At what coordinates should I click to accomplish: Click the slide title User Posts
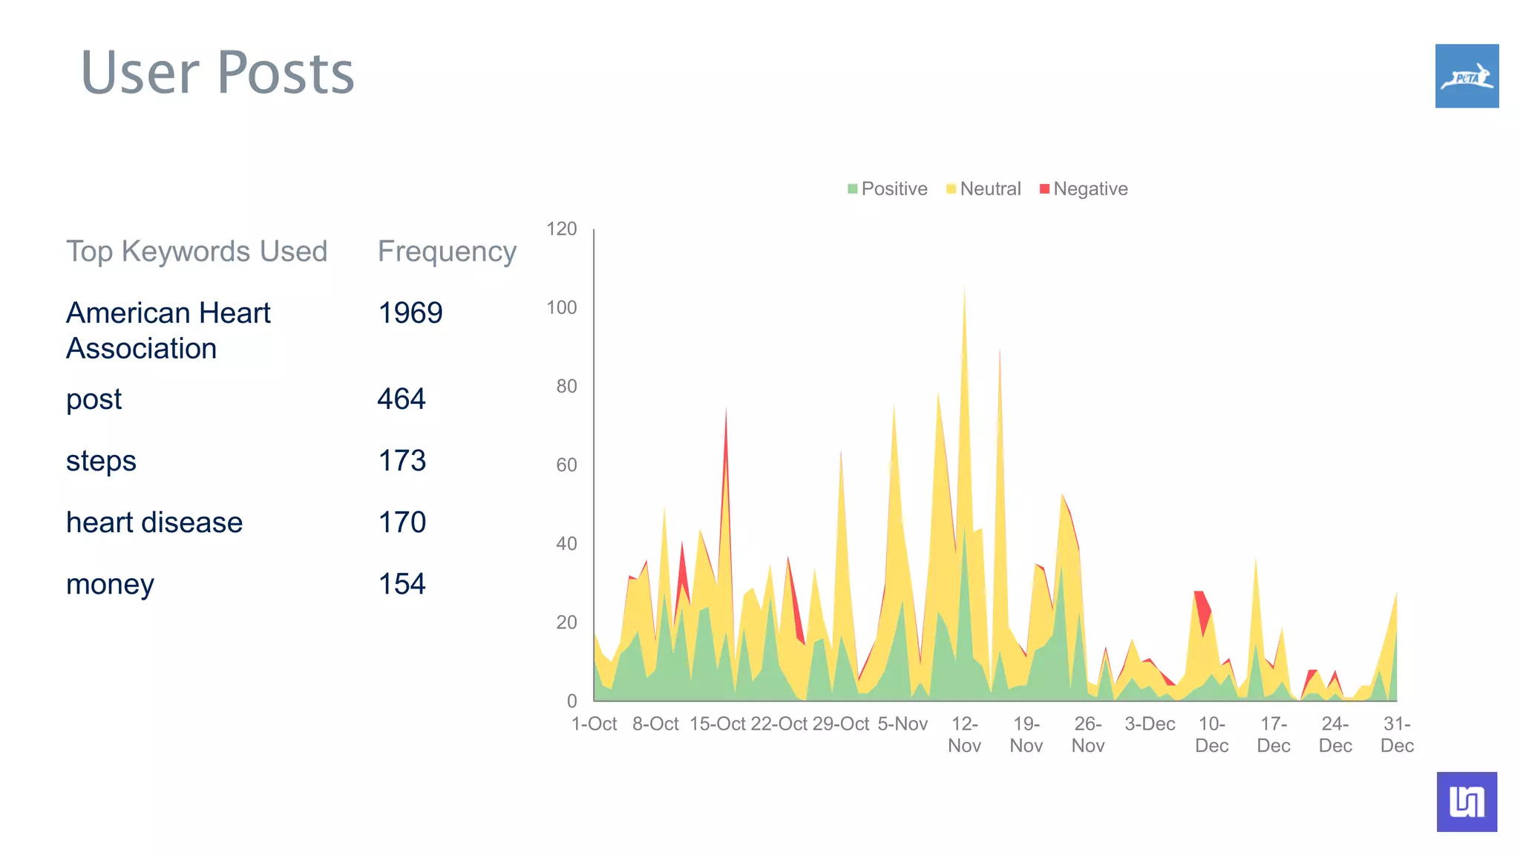tap(217, 73)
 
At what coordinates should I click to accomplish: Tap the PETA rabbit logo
tap(1467, 76)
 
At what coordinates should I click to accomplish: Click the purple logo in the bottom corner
tap(1467, 802)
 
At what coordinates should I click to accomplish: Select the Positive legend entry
tap(888, 189)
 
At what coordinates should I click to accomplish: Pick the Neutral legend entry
tap(984, 189)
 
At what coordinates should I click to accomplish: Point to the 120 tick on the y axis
tap(562, 229)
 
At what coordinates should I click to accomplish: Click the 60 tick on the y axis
tap(566, 465)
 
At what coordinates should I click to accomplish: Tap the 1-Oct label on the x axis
tap(594, 724)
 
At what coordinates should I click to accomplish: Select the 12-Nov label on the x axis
tap(964, 734)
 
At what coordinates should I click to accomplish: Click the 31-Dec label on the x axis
tap(1397, 734)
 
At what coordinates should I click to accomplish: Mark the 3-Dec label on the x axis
tap(1150, 724)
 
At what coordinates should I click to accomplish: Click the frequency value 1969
tap(410, 312)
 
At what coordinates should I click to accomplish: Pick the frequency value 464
tap(402, 399)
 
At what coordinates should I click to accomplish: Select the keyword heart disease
tap(154, 522)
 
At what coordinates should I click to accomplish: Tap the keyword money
tap(110, 584)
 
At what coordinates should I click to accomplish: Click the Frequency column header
tap(447, 252)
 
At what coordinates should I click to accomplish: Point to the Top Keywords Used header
tap(197, 252)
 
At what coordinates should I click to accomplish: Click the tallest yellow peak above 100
tap(964, 291)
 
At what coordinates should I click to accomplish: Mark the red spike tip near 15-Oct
tap(726, 410)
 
